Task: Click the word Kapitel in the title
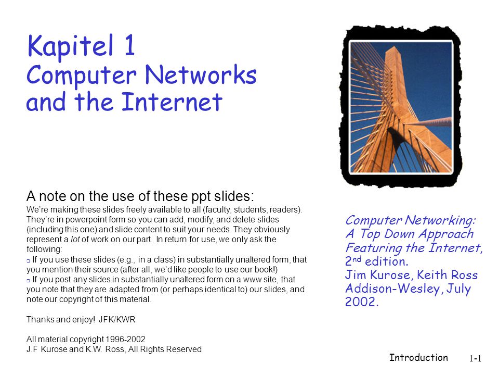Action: click(70, 45)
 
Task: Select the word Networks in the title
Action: click(201, 75)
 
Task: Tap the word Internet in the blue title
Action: click(172, 102)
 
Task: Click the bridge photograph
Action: click(401, 107)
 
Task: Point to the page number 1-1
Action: click(475, 359)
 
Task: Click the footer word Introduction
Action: click(418, 357)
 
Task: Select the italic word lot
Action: click(75, 239)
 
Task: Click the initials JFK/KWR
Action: click(117, 319)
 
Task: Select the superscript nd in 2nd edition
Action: click(357, 259)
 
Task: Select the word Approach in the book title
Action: click(446, 234)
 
